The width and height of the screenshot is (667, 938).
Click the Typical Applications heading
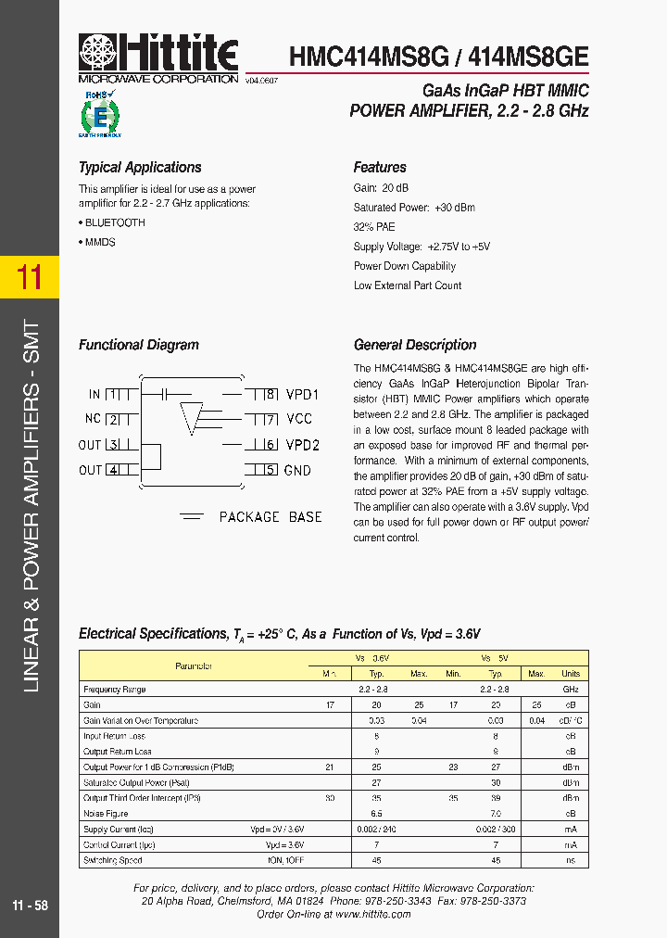tap(140, 168)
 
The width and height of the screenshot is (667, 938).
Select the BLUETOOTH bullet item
tap(114, 222)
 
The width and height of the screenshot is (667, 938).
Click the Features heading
tap(380, 168)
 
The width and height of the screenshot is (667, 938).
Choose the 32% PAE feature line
tap(374, 227)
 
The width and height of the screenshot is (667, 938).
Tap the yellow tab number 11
tap(30, 276)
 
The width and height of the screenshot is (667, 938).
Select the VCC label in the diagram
tap(299, 419)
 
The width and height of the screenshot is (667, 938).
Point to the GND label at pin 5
tap(298, 470)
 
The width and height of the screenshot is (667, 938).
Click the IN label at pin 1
tap(94, 394)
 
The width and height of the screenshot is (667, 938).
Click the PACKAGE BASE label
tap(271, 517)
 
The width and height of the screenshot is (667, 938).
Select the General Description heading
tap(415, 345)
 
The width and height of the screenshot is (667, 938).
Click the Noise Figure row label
tap(106, 813)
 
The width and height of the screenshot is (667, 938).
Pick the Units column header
tap(571, 674)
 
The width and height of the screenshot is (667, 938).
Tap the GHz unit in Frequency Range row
tap(571, 690)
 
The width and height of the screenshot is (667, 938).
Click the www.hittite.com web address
tap(374, 914)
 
